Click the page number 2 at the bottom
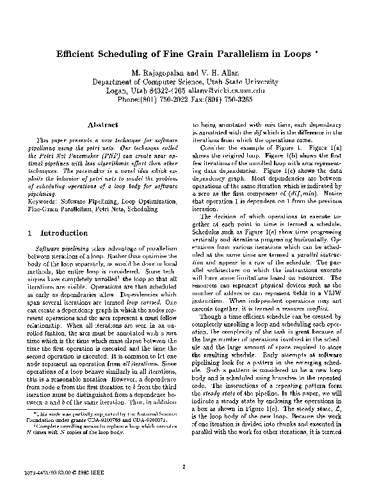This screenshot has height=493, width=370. point(183,467)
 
